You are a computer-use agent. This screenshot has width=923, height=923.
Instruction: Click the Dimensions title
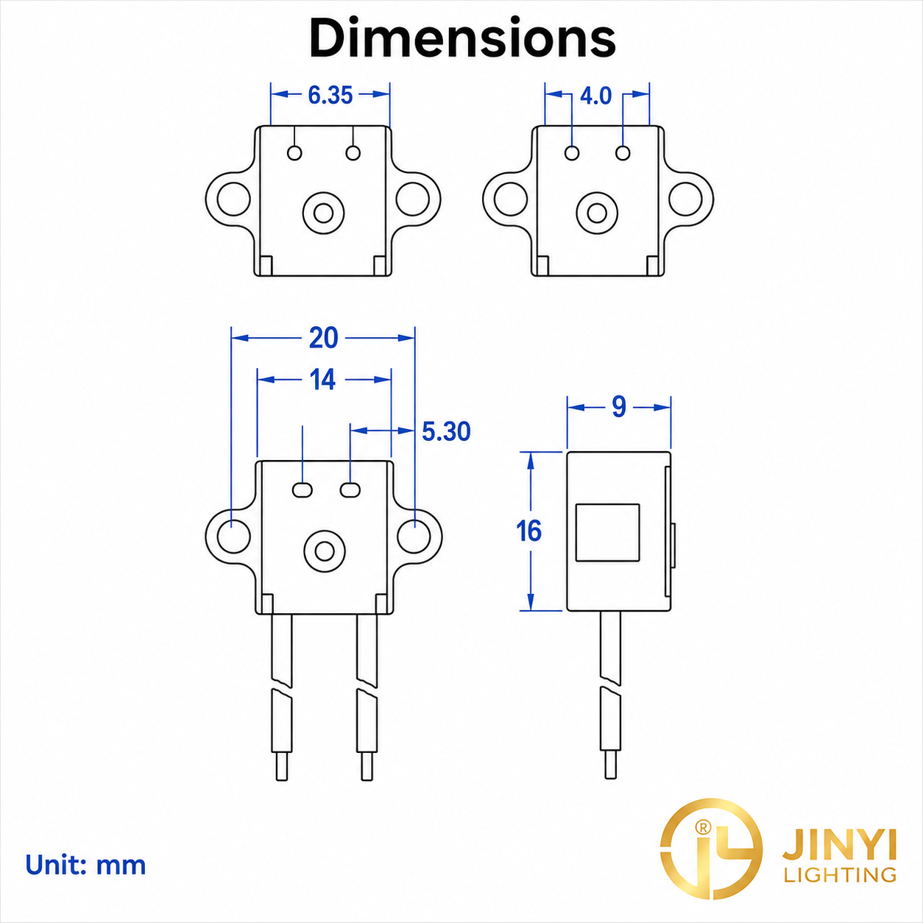tap(462, 38)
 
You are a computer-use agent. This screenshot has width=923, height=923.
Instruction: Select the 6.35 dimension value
tap(330, 95)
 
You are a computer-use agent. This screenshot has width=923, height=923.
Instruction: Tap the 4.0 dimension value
tap(596, 96)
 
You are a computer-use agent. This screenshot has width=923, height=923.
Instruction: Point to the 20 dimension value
tap(324, 338)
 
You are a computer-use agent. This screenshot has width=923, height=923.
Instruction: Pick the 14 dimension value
tap(322, 381)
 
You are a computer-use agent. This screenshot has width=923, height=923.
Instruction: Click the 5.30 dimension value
tap(446, 431)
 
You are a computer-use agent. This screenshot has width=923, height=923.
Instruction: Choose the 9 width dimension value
tap(619, 408)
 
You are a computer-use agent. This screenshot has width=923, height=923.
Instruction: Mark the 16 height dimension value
tap(528, 531)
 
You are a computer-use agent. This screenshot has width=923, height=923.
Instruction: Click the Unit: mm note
tap(85, 865)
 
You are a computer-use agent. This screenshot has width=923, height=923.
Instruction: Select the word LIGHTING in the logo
tap(840, 874)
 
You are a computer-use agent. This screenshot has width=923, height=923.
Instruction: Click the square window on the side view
tap(607, 532)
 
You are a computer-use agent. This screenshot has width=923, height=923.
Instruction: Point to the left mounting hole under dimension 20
tap(234, 536)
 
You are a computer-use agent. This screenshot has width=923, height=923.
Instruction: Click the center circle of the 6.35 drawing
tap(323, 213)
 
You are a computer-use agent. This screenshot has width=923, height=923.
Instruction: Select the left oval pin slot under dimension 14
tap(303, 490)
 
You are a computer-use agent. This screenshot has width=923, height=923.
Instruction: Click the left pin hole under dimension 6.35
tap(294, 153)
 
